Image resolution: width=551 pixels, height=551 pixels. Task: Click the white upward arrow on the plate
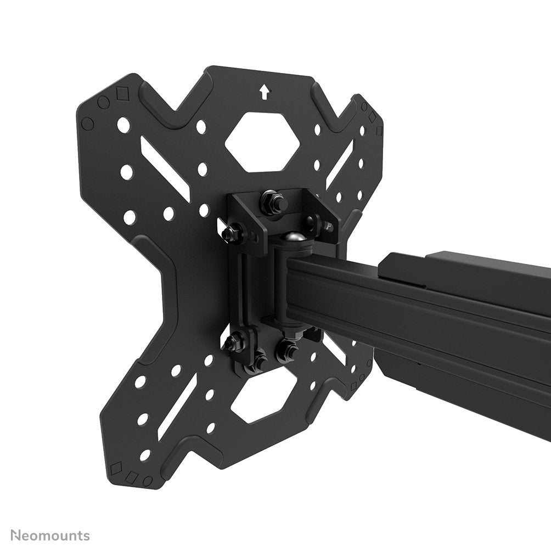coord(265,92)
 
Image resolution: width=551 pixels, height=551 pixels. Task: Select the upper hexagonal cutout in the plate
coord(262,141)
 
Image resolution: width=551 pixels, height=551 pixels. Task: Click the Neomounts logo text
coord(44,535)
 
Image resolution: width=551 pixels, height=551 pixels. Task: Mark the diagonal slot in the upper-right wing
coord(340,162)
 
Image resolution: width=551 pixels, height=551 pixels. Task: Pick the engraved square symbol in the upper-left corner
coord(120,94)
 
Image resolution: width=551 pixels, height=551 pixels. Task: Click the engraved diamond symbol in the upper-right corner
coord(372,117)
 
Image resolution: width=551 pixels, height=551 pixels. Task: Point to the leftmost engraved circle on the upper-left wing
coord(86,122)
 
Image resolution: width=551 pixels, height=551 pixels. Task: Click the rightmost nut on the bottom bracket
coord(285,350)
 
